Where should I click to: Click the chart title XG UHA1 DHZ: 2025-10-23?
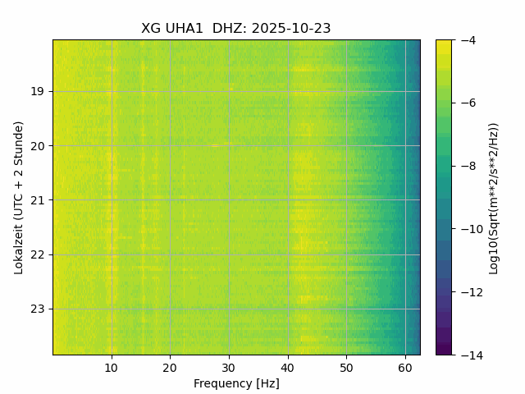pyautogui.click(x=236, y=28)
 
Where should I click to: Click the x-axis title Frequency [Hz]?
pyautogui.click(x=236, y=383)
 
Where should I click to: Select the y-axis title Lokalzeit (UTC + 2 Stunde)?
pyautogui.click(x=19, y=197)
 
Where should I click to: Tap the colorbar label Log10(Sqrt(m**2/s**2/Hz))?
pyautogui.click(x=494, y=197)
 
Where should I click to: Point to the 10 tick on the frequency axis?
pyautogui.click(x=112, y=367)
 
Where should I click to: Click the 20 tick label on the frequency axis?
pyautogui.click(x=170, y=367)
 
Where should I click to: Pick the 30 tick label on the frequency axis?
pyautogui.click(x=229, y=367)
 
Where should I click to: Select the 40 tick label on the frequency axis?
pyautogui.click(x=288, y=367)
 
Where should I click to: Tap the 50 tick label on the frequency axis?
pyautogui.click(x=346, y=367)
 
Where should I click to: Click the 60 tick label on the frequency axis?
pyautogui.click(x=405, y=367)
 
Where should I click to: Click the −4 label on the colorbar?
pyautogui.click(x=468, y=40)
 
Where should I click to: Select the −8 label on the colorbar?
pyautogui.click(x=468, y=166)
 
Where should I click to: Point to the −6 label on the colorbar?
pyautogui.click(x=468, y=103)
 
